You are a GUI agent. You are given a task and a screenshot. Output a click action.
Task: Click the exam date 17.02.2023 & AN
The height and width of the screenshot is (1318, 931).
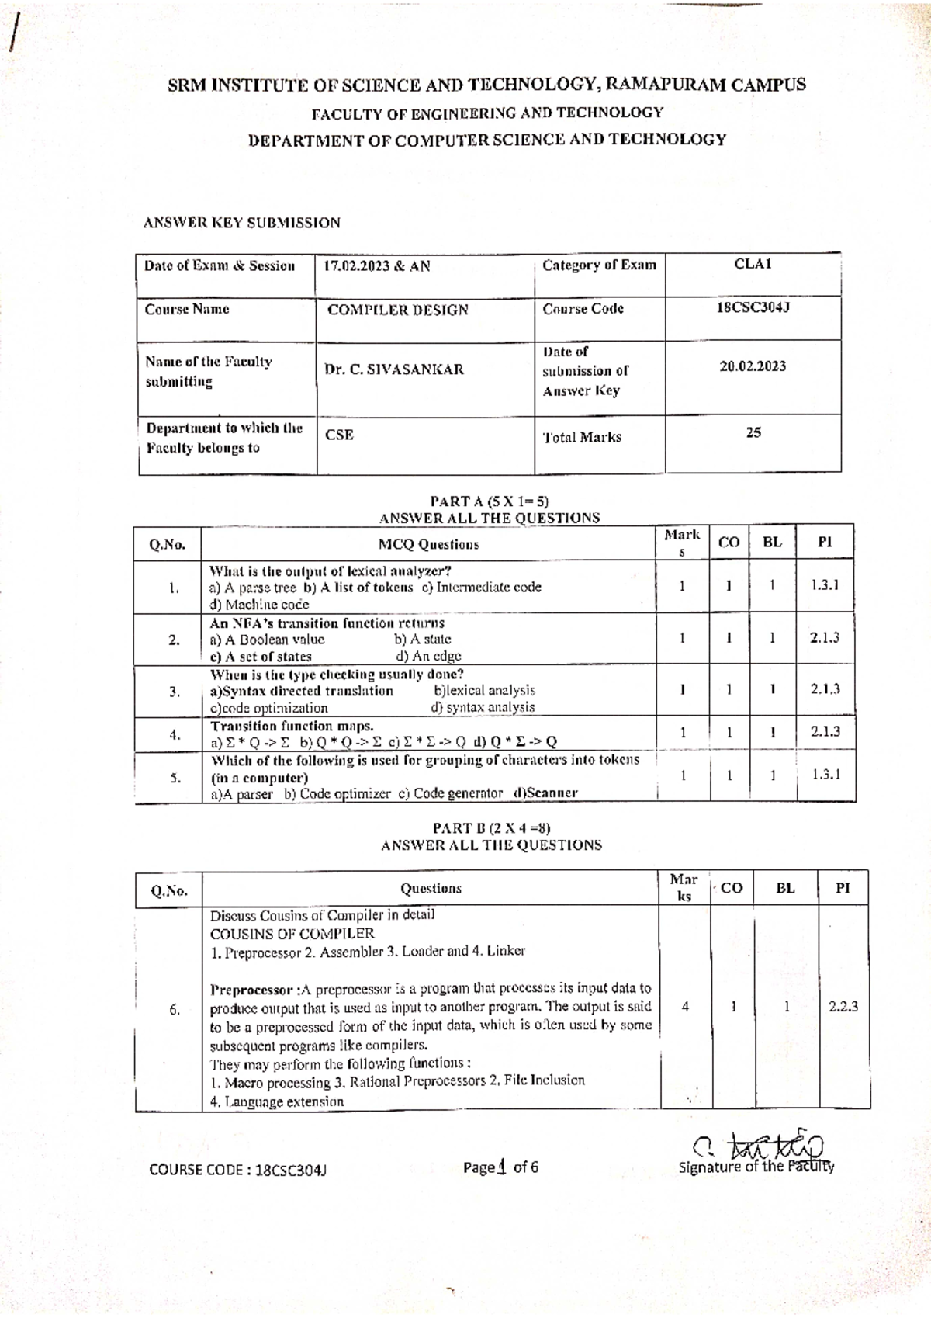click(377, 266)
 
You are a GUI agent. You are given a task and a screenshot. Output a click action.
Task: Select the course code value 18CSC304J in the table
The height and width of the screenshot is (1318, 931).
click(753, 307)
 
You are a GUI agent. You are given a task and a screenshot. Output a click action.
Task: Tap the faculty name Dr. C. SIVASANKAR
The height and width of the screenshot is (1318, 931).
click(394, 369)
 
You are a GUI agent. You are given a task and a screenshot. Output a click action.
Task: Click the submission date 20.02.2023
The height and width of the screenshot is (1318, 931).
click(753, 366)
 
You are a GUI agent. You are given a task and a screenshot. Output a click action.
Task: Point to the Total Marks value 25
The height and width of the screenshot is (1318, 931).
click(753, 432)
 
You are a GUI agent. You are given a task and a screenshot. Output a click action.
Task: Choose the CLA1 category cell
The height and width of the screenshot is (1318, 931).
click(753, 264)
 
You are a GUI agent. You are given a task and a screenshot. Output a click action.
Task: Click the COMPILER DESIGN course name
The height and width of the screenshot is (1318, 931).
click(398, 310)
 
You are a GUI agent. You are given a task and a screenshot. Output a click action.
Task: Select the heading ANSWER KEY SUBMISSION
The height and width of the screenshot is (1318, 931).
click(242, 223)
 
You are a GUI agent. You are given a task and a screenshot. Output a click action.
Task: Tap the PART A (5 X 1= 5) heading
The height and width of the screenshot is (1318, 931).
click(490, 501)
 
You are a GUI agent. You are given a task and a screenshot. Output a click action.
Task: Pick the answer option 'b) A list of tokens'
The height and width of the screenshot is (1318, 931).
click(358, 588)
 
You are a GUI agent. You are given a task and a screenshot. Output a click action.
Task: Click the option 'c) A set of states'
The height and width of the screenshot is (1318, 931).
click(261, 657)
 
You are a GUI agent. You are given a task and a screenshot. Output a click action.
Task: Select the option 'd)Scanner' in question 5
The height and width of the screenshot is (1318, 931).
click(545, 793)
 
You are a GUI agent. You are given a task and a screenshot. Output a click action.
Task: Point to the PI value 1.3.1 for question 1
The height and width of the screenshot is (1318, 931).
click(825, 585)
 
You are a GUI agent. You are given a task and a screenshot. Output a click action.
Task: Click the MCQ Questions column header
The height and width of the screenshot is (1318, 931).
click(428, 544)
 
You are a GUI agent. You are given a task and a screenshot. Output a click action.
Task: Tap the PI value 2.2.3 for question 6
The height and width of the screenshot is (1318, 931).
click(843, 1007)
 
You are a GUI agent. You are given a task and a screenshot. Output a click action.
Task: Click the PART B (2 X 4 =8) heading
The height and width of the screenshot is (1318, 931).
click(491, 828)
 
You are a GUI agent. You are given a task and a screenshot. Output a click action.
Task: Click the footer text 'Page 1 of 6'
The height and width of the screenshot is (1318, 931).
click(500, 1167)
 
